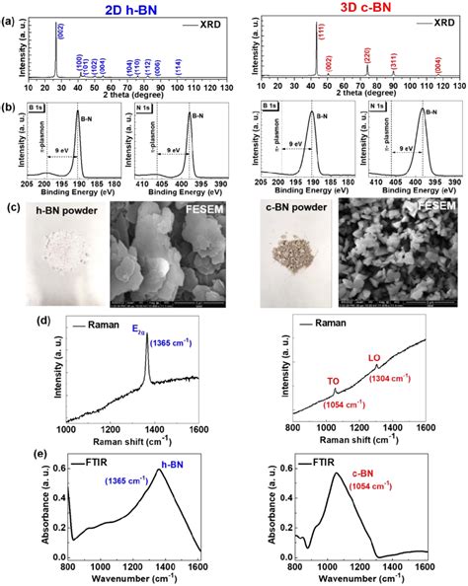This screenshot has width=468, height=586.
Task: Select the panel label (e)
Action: coord(15,454)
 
